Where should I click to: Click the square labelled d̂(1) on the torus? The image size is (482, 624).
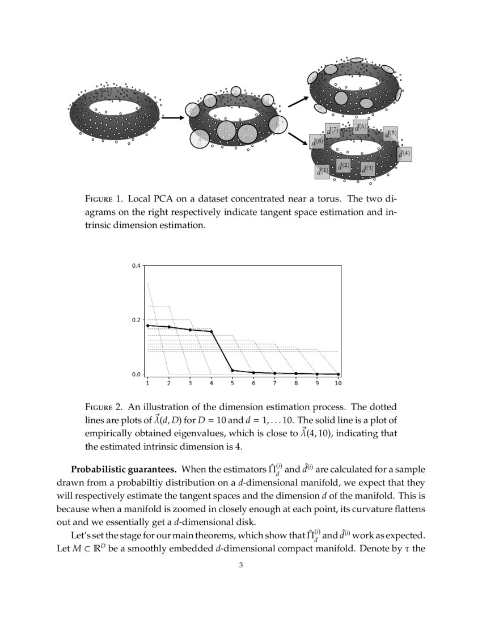(322, 171)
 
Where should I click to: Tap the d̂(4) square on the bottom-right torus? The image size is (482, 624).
(404, 154)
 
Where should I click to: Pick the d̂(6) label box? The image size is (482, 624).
(360, 128)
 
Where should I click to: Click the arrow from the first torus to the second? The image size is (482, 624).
(173, 118)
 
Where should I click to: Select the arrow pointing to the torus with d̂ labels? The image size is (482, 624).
(298, 138)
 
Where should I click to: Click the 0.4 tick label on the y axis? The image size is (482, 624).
(136, 265)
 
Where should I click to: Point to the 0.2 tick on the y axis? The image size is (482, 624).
(136, 320)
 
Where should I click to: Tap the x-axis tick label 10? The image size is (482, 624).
(338, 383)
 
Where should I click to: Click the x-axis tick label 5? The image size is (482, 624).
(232, 383)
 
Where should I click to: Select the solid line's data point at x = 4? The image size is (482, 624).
(212, 331)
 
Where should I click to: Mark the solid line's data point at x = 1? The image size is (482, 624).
(147, 326)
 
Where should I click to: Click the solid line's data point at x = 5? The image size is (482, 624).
(232, 370)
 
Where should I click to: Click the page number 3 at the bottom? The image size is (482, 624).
(241, 564)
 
